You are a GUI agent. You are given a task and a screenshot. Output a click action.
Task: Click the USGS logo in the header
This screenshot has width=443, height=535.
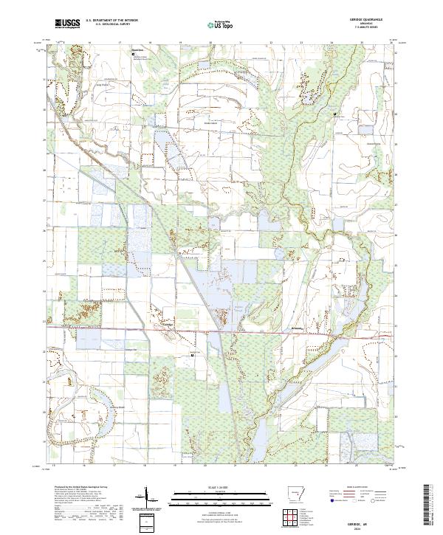point(67,24)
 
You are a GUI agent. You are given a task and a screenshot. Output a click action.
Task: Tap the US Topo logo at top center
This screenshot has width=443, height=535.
point(220,24)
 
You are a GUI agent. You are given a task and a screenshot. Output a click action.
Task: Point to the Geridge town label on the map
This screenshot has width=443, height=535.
point(167,323)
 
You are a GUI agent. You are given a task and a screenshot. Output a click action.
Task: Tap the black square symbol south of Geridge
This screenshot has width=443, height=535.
point(193,355)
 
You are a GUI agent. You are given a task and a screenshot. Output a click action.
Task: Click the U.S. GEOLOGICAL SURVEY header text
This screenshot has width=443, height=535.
point(106,24)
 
